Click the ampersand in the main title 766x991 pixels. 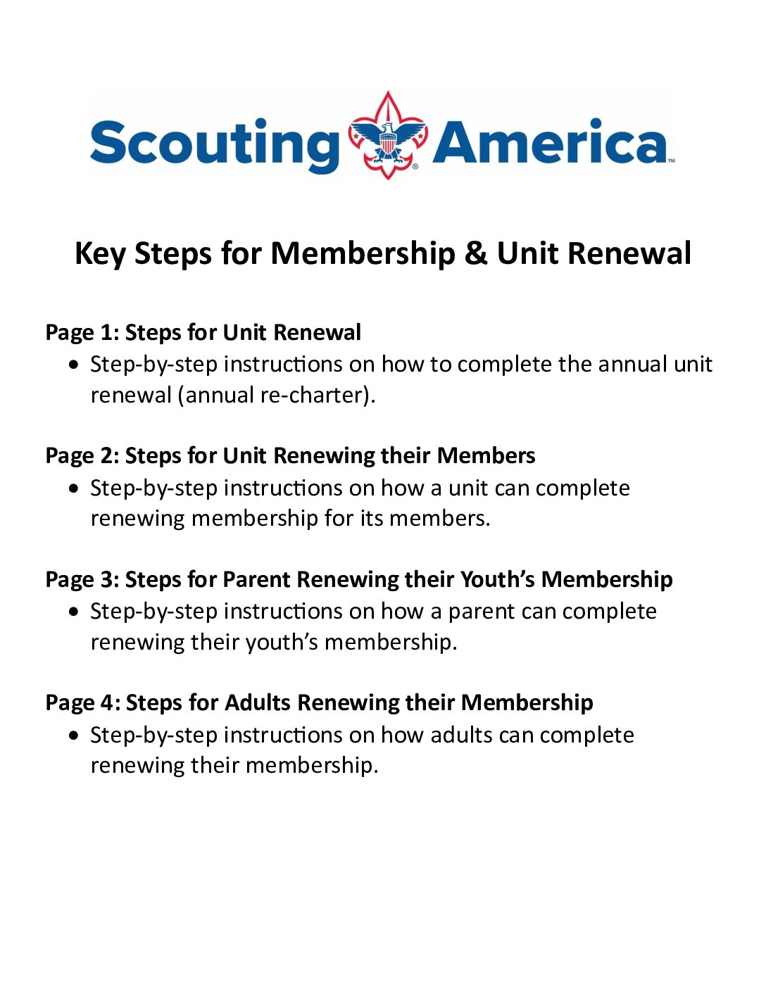pyautogui.click(x=475, y=253)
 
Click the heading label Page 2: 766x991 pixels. pyautogui.click(x=82, y=456)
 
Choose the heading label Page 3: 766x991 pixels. pyautogui.click(x=82, y=580)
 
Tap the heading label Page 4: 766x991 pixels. pyautogui.click(x=82, y=703)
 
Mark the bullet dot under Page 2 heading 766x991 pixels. pyautogui.click(x=75, y=488)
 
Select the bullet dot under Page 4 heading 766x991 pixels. pyautogui.click(x=75, y=736)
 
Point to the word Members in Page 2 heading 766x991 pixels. pyautogui.click(x=486, y=456)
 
